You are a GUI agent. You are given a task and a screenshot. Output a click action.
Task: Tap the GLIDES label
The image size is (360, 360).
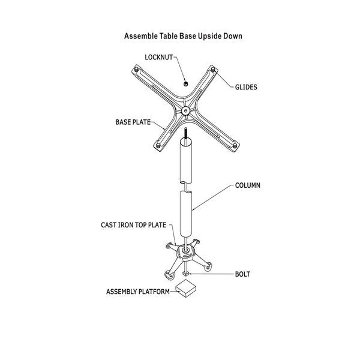[x=245, y=87]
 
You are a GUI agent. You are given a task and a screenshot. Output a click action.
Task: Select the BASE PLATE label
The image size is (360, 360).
[x=133, y=122]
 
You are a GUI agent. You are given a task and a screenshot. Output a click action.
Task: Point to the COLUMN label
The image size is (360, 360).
[x=247, y=186]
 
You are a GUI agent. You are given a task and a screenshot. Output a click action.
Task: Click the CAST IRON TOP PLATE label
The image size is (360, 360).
[x=133, y=226]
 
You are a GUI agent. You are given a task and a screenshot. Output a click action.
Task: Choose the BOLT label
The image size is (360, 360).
[x=243, y=275]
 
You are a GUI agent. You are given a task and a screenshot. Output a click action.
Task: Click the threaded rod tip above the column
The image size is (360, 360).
[x=188, y=133]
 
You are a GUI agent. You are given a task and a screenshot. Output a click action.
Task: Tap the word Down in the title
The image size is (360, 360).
[x=232, y=36]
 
